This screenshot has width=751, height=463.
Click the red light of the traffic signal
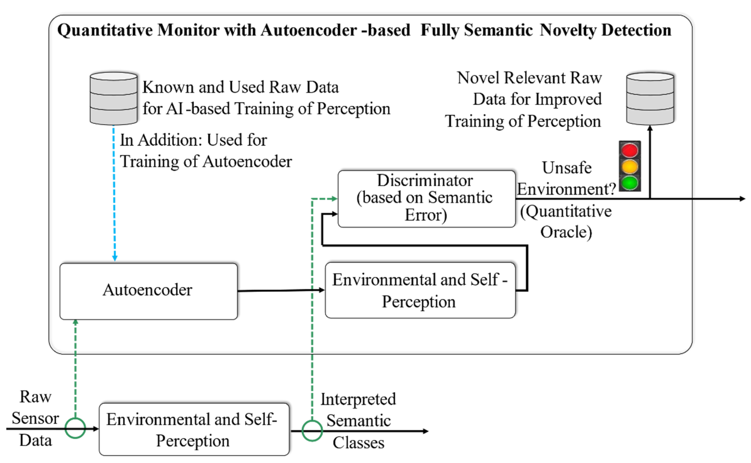pos(629,150)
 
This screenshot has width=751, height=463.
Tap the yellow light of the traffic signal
pos(629,167)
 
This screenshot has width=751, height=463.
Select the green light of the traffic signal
pos(629,183)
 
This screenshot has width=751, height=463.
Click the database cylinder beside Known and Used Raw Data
pos(113,99)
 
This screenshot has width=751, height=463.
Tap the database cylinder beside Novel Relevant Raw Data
pos(650,99)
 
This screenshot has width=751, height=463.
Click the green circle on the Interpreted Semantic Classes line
pos(312,431)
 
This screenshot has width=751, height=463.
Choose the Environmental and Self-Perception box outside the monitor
pos(194,429)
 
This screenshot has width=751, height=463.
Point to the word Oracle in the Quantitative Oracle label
pos(566,232)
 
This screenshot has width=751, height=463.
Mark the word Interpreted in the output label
pos(358,399)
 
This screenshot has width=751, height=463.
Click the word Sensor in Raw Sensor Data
pos(35,418)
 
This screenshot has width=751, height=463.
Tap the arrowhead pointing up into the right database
pos(650,129)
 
